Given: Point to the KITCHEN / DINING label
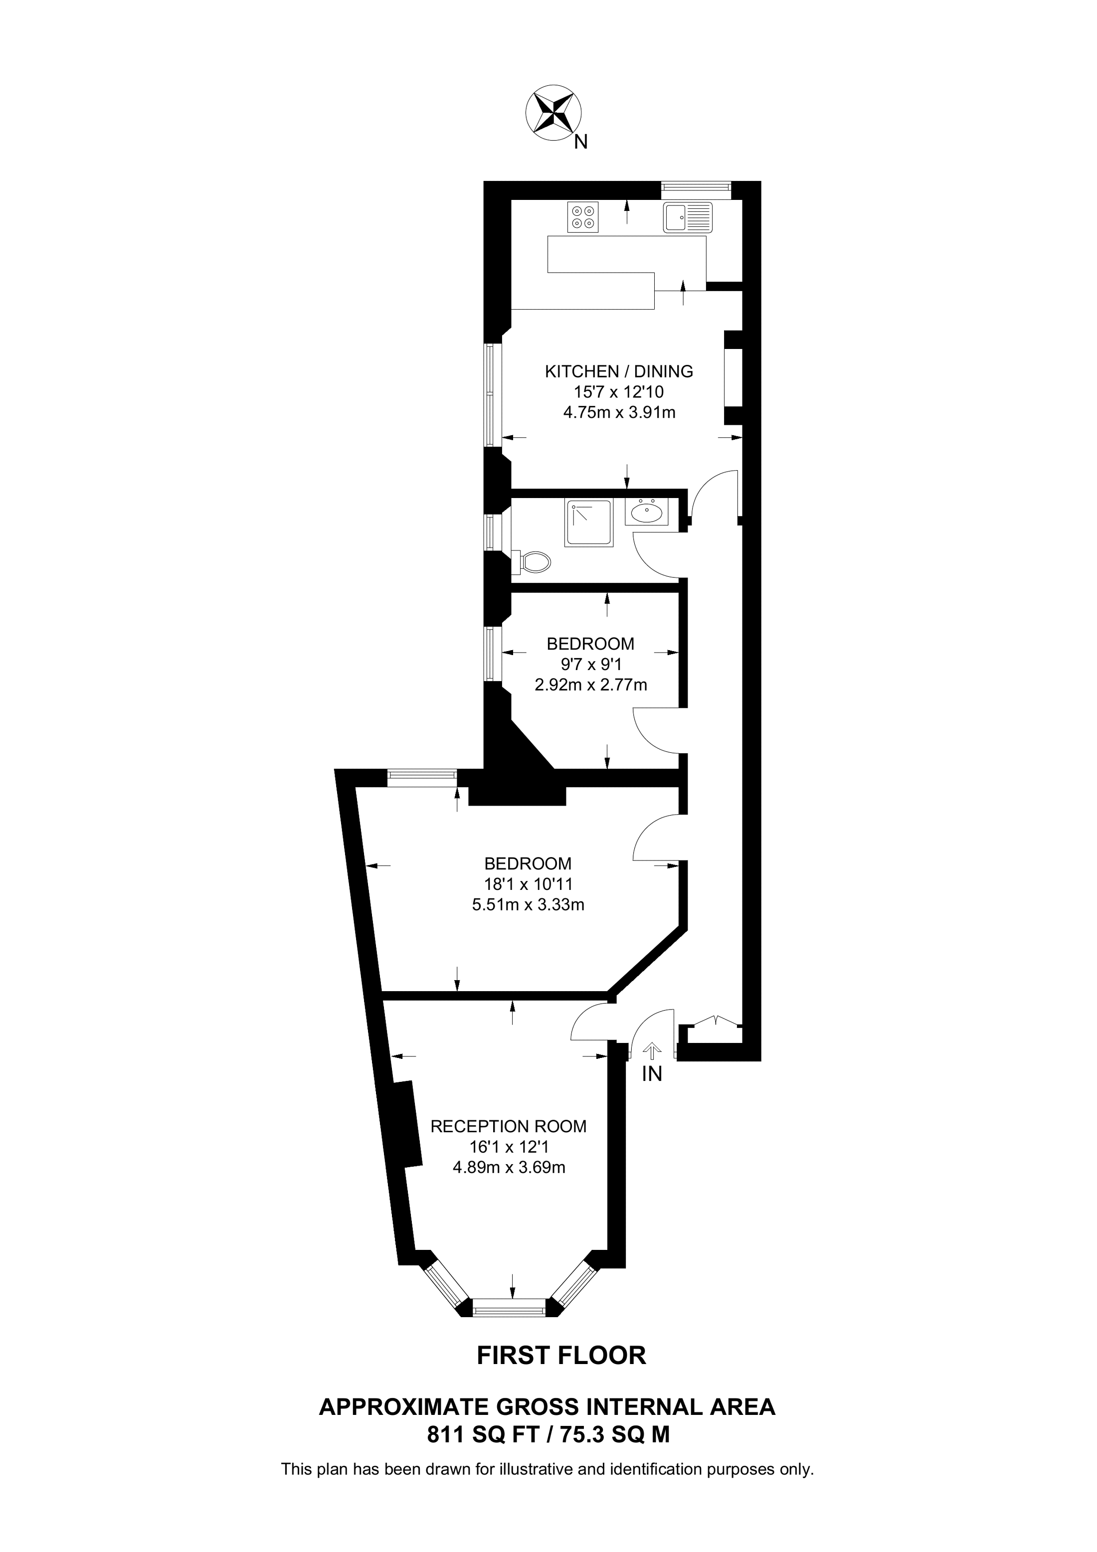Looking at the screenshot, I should [x=619, y=371].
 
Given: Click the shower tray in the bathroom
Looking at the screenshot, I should [x=590, y=522].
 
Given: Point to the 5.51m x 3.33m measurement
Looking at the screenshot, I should [x=528, y=904].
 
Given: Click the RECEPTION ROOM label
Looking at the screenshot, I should [x=508, y=1126].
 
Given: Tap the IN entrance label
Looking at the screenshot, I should [x=652, y=1074].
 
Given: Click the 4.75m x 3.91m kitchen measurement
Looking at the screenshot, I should [x=619, y=412].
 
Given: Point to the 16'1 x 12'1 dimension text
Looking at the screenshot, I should [x=508, y=1147].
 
